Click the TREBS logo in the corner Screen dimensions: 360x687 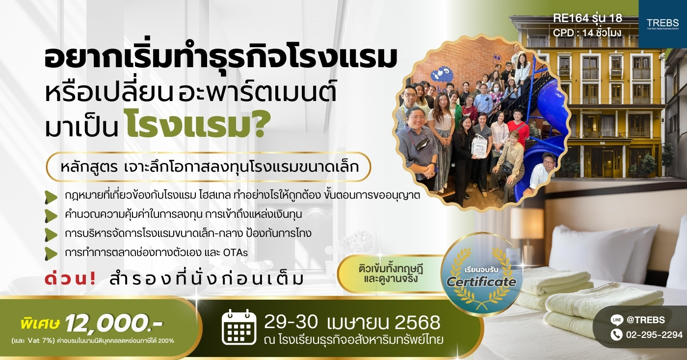coord(662,24)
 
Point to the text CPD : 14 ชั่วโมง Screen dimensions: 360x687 coord(587,33)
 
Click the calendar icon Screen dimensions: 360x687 coord(239,327)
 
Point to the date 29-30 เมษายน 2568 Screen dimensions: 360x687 coord(352,322)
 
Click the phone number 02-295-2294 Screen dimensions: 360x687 coord(654,334)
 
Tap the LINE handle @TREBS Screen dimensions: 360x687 coord(646,320)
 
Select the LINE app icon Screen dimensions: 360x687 coord(617,320)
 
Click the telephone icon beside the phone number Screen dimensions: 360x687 coord(617,334)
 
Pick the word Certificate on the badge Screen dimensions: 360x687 coord(481,282)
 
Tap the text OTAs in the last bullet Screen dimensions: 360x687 coord(235,253)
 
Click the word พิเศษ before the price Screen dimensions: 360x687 coord(40,324)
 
